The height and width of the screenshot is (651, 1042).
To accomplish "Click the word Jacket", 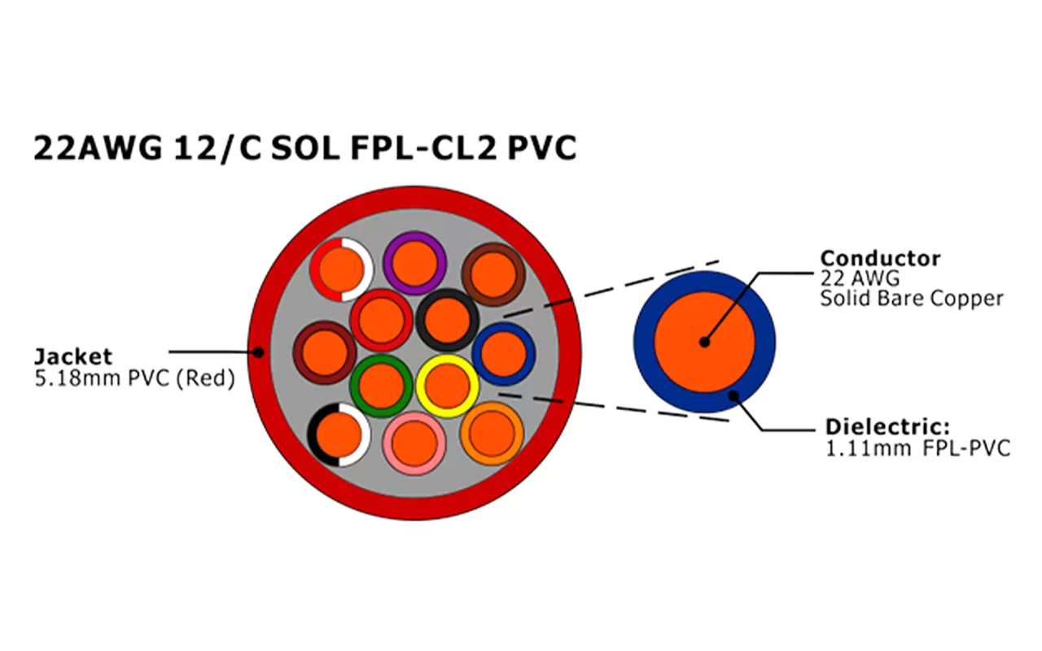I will click(72, 356).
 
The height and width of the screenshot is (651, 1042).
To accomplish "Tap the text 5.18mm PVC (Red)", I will click(134, 378).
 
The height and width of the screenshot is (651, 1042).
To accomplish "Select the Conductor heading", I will click(880, 259).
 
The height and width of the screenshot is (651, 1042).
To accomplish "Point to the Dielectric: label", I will click(887, 426).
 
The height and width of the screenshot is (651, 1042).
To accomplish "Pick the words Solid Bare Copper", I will click(912, 298).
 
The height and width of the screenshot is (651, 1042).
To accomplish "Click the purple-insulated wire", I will click(414, 262).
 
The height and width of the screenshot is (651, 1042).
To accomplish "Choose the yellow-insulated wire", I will click(447, 386).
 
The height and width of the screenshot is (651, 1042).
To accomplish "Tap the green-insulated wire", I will click(381, 386).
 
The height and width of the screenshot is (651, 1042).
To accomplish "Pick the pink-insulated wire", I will click(414, 443).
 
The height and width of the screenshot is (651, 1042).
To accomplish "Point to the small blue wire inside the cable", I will click(503, 354).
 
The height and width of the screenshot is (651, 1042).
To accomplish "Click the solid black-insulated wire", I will click(446, 320).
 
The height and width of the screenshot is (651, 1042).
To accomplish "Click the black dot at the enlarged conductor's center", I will click(704, 342).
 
